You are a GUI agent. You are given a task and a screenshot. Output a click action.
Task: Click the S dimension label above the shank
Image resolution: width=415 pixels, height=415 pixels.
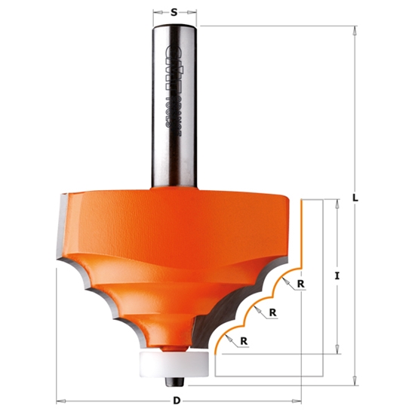coord(174,12)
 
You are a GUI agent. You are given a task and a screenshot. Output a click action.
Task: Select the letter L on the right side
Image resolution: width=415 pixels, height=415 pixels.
coord(355,199)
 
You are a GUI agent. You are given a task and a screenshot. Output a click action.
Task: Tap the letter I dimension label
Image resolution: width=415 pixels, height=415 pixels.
coord(337,277)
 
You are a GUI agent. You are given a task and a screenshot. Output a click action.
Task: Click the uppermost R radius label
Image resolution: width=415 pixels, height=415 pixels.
coord(301,284)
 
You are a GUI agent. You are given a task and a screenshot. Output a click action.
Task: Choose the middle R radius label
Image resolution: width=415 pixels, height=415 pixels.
coord(272,312)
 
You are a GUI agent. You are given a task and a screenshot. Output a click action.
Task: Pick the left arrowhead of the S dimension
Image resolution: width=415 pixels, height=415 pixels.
coord(156,12)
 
